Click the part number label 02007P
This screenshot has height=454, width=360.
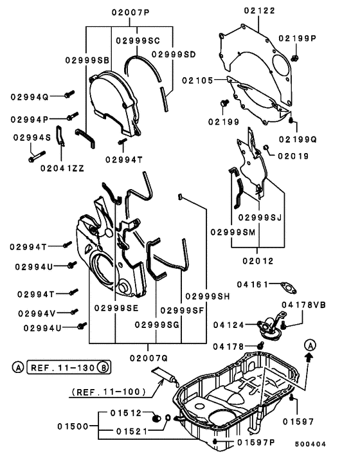[x=130, y=13]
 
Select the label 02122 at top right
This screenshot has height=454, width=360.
[x=259, y=11]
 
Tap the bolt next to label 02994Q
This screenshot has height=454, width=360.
[x=69, y=94]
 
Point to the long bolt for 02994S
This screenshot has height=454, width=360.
[x=37, y=156]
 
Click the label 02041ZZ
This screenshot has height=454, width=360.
[x=62, y=168]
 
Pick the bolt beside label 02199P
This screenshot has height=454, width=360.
[x=294, y=58]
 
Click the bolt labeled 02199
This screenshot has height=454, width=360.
[x=224, y=103]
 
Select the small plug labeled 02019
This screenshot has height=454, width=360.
[x=266, y=148]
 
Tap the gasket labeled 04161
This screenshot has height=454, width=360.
[x=288, y=288]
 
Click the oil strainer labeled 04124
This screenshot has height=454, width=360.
[x=270, y=328]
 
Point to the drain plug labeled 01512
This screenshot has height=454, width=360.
[x=156, y=419]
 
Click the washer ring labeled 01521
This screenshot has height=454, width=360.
[x=168, y=418]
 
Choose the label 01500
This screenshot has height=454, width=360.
[x=73, y=426]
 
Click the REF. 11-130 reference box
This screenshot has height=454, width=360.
[x=69, y=368]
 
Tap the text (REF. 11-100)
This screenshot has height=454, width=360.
[x=109, y=392]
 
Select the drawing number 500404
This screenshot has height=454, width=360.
[x=310, y=444]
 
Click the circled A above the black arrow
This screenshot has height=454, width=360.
[x=310, y=345]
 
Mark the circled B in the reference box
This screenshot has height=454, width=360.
[x=104, y=368]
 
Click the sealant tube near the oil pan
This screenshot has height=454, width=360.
[x=165, y=375]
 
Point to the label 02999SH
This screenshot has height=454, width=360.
[x=207, y=296]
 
